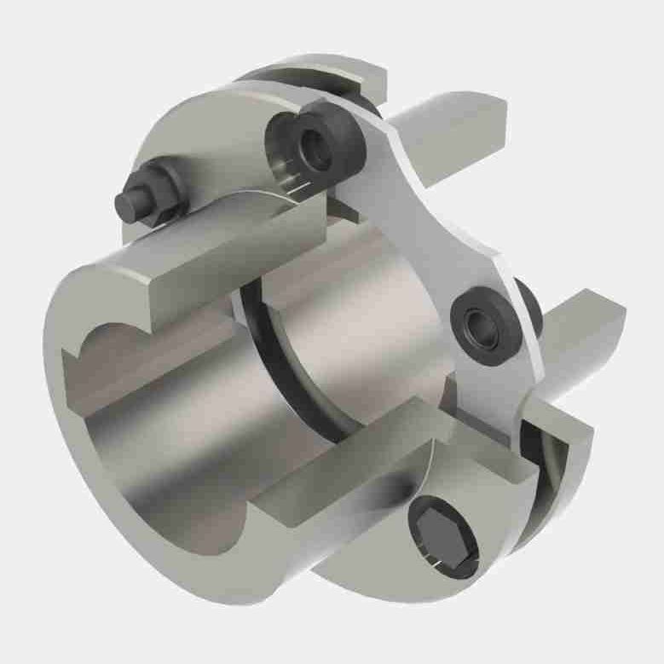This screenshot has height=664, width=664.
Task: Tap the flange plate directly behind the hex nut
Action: point(196,153)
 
